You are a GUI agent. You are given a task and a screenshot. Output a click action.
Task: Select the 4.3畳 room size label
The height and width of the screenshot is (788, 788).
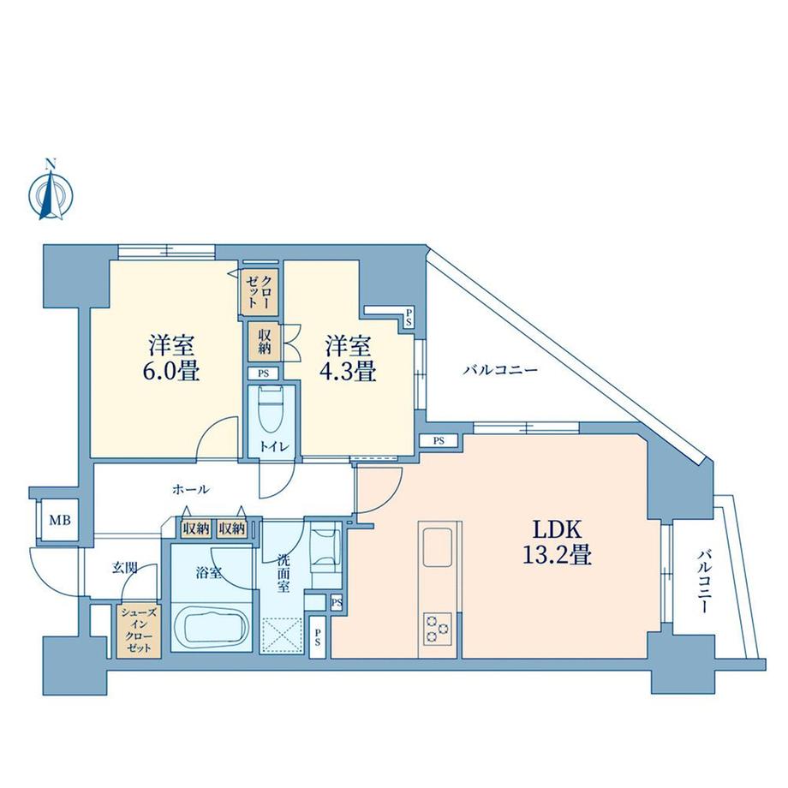coord(349,373)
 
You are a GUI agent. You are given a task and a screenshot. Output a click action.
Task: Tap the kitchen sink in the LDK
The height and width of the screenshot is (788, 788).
coord(439,545)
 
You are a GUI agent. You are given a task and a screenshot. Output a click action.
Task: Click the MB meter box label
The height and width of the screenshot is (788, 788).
coord(59,520)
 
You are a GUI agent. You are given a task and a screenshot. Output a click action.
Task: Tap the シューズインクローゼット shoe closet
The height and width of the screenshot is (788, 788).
coord(137,630)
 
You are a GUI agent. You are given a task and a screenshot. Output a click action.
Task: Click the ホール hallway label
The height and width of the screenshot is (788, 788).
coord(191,489)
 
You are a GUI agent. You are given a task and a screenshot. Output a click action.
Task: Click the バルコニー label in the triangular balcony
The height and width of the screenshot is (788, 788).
coord(500,372)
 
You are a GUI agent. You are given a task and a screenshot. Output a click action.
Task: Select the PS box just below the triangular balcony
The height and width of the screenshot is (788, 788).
coord(439,441)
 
